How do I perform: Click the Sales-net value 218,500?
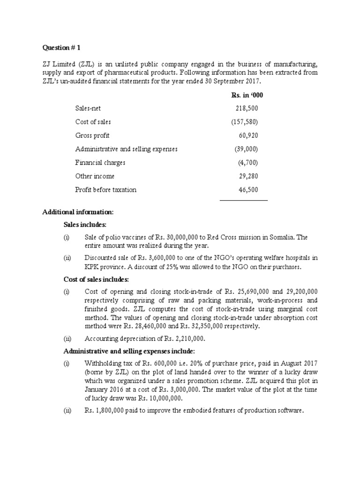click(247, 109)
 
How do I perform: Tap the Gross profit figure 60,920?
click(248, 135)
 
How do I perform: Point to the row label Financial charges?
click(100, 163)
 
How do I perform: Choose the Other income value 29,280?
click(248, 176)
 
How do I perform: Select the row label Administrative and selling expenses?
click(127, 149)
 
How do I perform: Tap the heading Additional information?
click(75, 212)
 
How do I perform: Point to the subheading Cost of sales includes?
click(96, 279)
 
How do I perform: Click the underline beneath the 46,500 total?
click(244, 201)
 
